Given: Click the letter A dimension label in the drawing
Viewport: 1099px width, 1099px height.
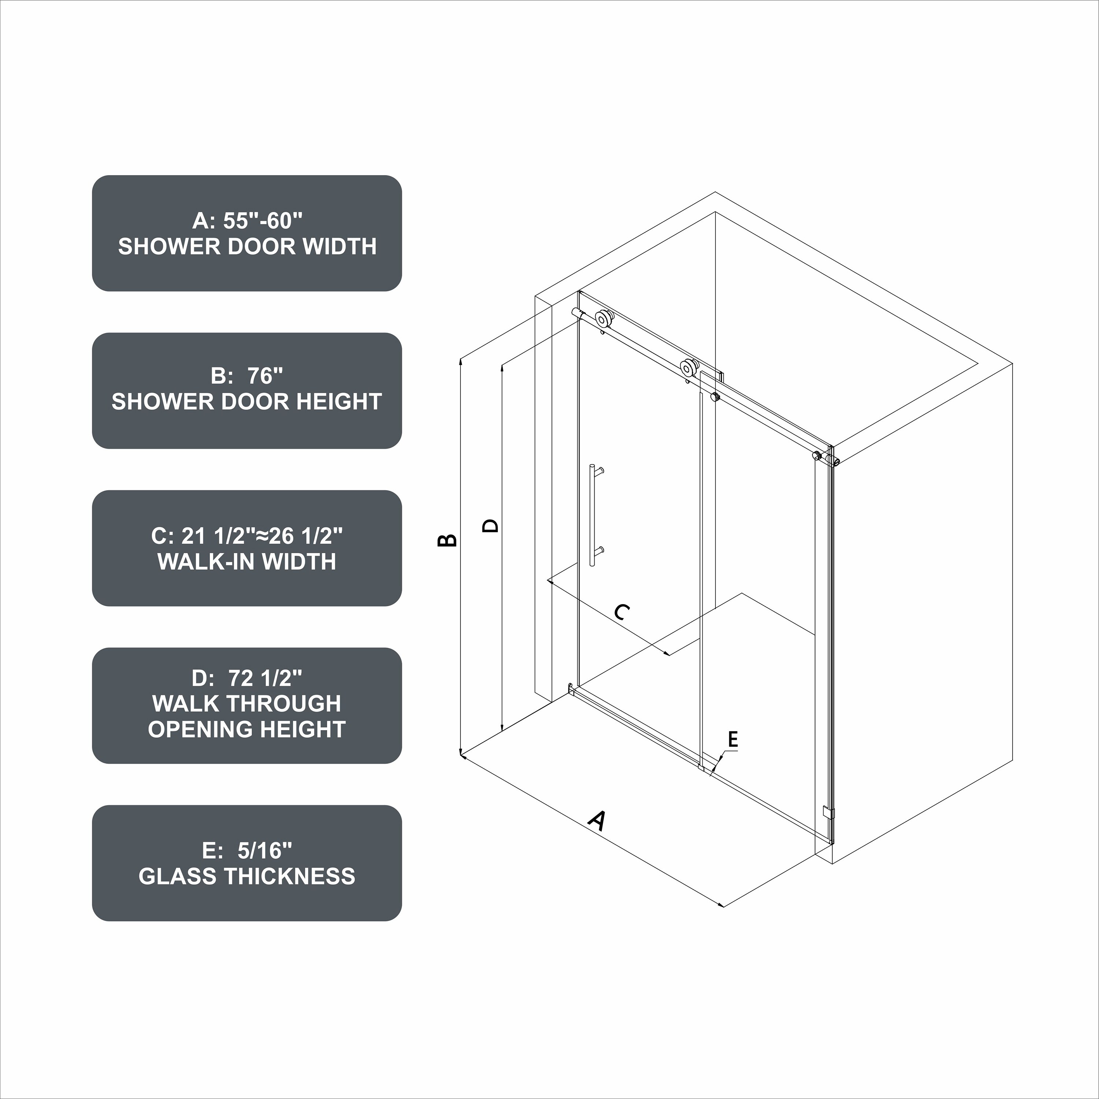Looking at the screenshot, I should pos(596,821).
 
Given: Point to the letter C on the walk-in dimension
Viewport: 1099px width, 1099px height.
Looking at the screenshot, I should pos(622,612).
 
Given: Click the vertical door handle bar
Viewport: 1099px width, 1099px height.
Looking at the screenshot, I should pos(592,515).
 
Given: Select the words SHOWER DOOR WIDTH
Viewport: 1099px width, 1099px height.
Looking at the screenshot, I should pos(247,246).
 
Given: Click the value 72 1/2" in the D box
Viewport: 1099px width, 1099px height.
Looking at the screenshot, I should pos(265,678).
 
